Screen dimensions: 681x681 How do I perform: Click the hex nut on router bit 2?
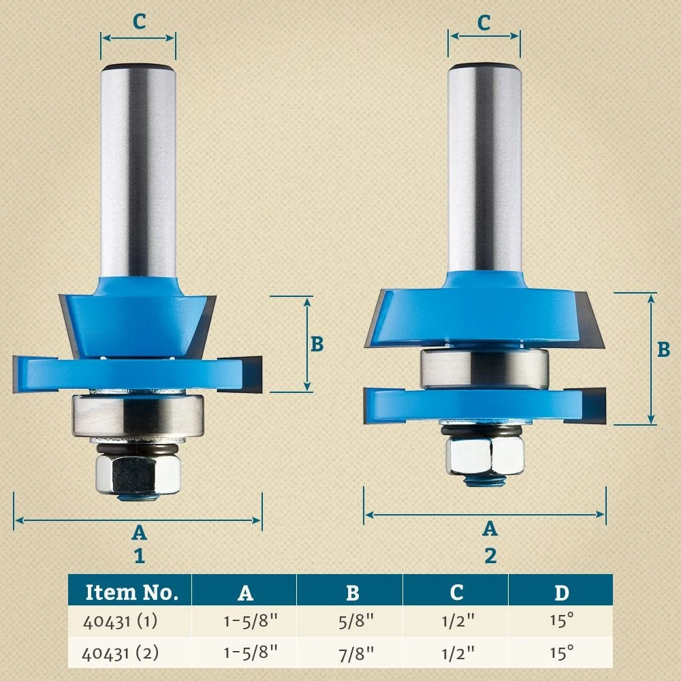coord(485,455)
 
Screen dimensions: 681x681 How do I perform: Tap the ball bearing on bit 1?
coord(138,415)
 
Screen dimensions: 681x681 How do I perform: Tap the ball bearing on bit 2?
coord(484,367)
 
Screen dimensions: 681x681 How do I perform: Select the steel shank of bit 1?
coord(138,170)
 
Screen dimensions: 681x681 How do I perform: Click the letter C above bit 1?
coord(139,22)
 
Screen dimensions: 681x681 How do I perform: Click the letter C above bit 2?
coord(484,23)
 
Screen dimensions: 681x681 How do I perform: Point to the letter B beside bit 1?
coord(317,344)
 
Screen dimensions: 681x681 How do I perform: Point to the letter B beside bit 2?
coord(663,349)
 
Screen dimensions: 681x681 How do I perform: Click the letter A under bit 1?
coord(139,533)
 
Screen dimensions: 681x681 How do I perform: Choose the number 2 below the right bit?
coord(490,556)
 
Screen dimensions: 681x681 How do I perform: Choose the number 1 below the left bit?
coord(140,556)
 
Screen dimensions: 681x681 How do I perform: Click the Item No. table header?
coord(131,592)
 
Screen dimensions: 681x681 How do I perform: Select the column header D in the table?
coord(560,592)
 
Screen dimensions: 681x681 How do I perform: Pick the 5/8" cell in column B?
coord(351,622)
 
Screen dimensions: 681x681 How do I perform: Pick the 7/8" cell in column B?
coord(351,653)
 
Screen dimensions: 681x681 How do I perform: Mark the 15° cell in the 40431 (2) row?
coord(560,653)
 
